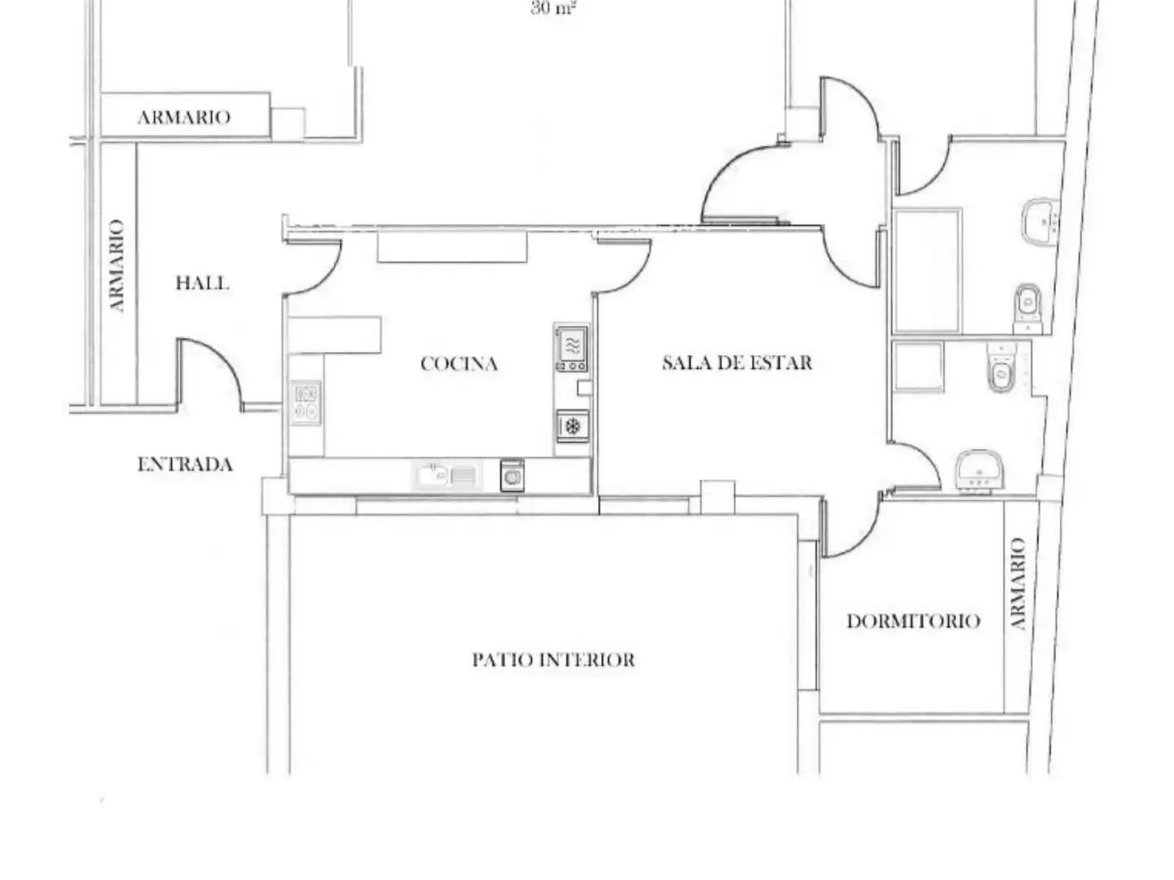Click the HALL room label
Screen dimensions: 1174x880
pyautogui.click(x=202, y=283)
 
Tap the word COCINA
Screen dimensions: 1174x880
pyautogui.click(x=459, y=363)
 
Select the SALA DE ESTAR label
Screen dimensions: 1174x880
pyautogui.click(x=737, y=363)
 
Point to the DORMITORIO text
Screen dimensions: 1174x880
pyautogui.click(x=913, y=621)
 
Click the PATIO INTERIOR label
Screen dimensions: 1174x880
pyautogui.click(x=553, y=660)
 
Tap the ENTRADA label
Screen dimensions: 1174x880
pyautogui.click(x=185, y=464)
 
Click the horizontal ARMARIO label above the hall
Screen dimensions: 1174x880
pyautogui.click(x=184, y=117)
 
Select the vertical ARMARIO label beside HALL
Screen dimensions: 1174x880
pyautogui.click(x=117, y=266)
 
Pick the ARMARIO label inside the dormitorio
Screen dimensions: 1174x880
pyautogui.click(x=1018, y=583)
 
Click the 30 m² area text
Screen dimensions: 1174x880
pyautogui.click(x=553, y=7)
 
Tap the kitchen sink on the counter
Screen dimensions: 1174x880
pyautogui.click(x=447, y=475)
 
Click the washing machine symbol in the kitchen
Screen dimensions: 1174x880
pyautogui.click(x=512, y=475)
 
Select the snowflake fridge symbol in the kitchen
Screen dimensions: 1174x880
pyautogui.click(x=572, y=426)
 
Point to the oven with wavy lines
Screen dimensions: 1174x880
pyautogui.click(x=571, y=349)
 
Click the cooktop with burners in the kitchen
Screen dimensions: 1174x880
pyautogui.click(x=306, y=403)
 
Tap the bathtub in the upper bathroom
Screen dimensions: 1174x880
pyautogui.click(x=927, y=271)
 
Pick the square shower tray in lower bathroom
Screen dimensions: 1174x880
pyautogui.click(x=917, y=367)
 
